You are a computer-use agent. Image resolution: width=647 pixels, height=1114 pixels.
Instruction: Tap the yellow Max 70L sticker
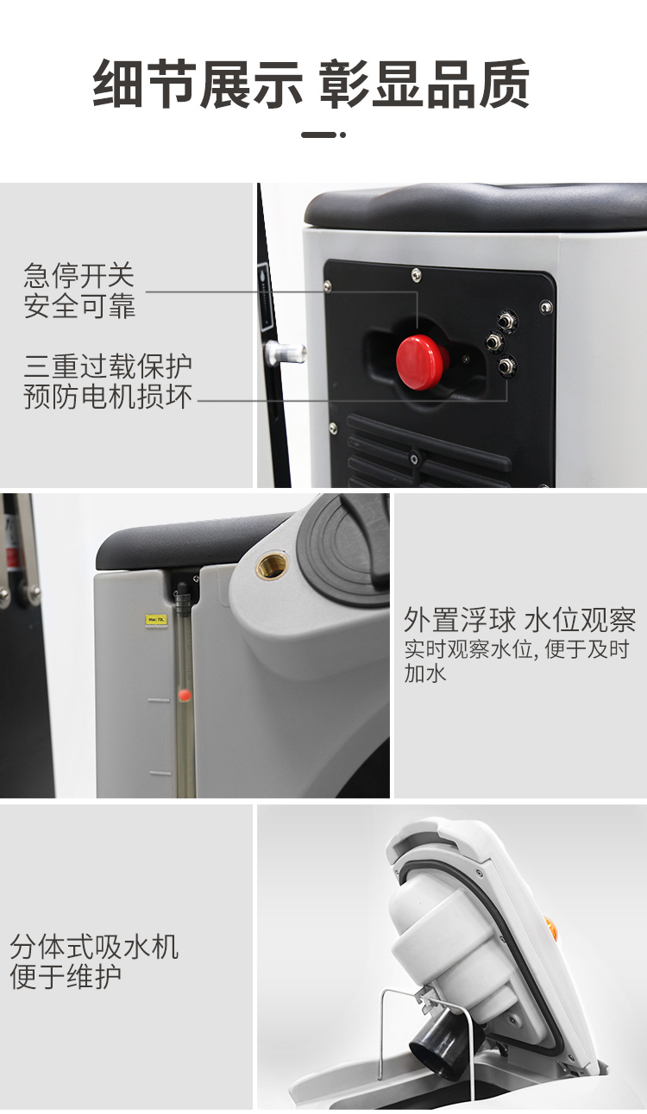coord(156,620)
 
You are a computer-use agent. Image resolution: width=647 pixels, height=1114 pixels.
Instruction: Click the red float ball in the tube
coord(185,694)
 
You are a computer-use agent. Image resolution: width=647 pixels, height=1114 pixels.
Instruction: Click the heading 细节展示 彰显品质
coord(311,84)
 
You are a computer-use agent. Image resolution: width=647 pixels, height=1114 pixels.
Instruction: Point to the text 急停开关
coord(79,275)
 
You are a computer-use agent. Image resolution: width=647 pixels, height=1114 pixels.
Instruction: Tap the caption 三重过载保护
coord(108,366)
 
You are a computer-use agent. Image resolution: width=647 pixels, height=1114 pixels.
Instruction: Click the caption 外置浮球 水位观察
coord(519,620)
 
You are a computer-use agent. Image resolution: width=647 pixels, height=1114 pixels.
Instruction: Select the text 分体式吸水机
coord(94,947)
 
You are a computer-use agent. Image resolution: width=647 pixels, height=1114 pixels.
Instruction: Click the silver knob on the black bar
coord(286,352)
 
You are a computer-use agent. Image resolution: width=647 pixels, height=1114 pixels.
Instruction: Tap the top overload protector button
coord(507,319)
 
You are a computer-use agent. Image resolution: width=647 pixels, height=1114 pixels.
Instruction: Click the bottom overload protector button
coord(506,366)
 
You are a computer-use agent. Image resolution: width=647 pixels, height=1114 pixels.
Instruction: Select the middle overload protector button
coord(494,341)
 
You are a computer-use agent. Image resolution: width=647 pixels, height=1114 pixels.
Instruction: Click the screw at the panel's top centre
coord(417,273)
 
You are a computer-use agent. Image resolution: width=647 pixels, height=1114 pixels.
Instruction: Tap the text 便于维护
coord(66,976)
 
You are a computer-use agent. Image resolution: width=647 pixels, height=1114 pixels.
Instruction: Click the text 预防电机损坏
coord(108,397)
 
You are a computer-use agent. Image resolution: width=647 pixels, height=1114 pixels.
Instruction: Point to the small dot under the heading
coord(343,135)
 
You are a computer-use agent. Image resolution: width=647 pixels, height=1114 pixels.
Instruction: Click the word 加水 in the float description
coord(425,673)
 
